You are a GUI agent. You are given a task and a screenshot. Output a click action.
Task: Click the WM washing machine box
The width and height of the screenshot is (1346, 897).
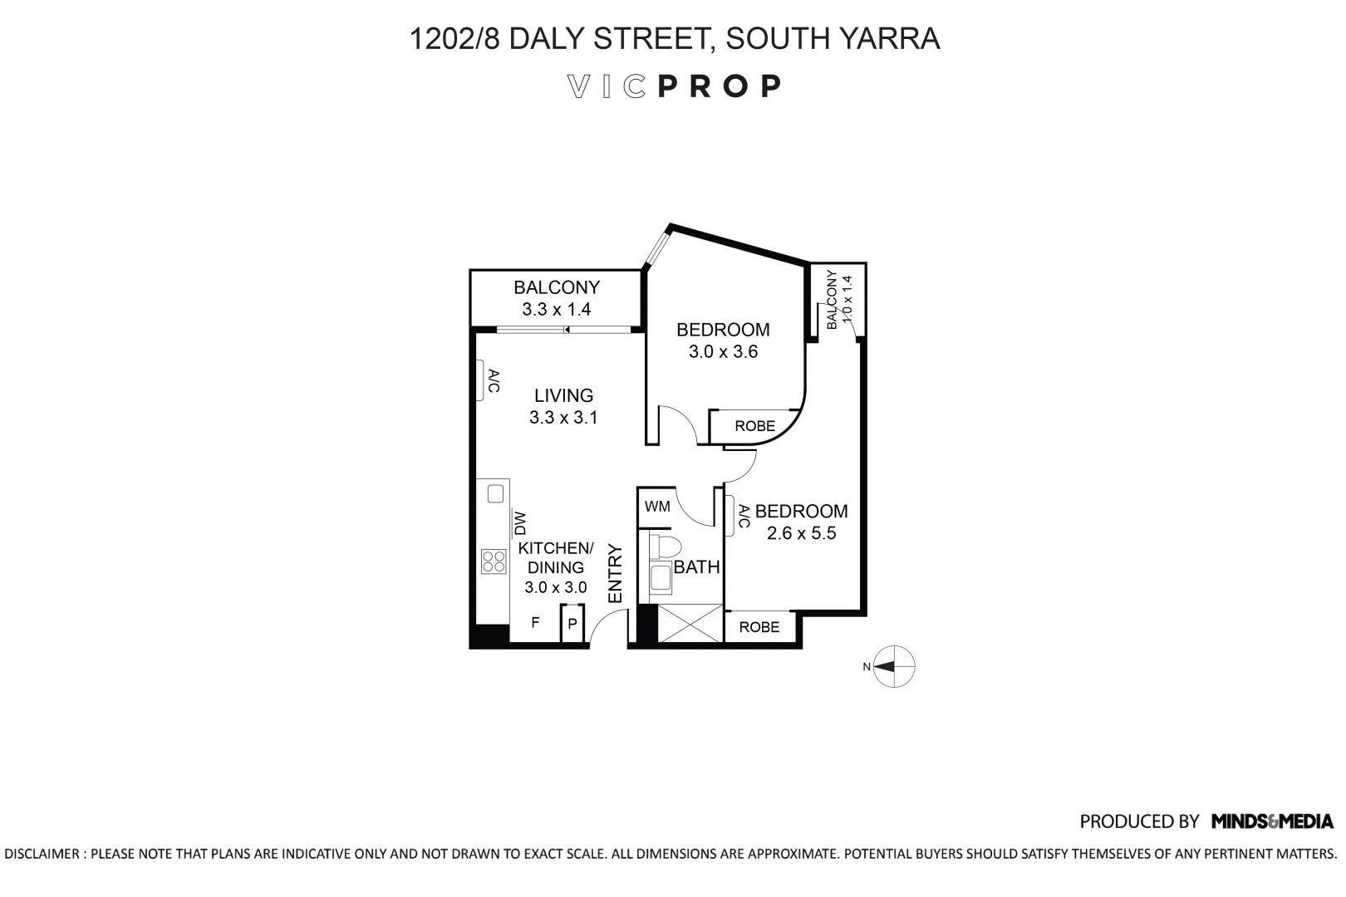coord(657,507)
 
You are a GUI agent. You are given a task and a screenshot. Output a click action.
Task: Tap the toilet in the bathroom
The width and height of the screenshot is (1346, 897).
coord(665,546)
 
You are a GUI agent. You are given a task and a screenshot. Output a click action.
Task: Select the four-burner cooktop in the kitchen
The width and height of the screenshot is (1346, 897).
coord(494,562)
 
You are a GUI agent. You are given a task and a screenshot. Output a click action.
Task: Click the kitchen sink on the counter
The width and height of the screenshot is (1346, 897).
coord(495,494)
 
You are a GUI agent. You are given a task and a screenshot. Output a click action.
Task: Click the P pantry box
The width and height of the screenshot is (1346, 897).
coord(572,625)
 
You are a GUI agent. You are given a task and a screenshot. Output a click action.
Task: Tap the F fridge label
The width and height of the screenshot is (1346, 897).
coord(536,622)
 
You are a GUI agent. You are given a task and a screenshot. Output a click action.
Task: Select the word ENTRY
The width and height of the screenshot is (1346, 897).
coord(616,573)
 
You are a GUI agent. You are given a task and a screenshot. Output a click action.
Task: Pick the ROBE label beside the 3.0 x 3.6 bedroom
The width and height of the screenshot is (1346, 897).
coord(754,426)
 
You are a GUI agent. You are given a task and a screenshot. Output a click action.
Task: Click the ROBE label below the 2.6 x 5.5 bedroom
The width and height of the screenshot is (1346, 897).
coord(759,627)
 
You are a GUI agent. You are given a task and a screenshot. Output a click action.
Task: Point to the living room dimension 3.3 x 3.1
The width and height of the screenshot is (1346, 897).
coord(563,418)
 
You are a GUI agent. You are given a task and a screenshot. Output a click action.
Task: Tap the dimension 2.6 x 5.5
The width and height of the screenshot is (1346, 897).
coord(801,533)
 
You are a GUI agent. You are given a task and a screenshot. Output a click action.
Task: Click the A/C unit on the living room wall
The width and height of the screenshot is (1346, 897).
coord(481,380)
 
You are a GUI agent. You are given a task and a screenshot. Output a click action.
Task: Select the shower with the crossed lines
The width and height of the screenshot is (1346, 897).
coord(690,624)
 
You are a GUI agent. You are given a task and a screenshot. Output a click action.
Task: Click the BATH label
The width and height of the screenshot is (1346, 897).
coord(696,567)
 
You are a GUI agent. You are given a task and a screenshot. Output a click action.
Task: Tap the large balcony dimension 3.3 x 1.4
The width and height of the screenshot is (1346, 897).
coord(556,310)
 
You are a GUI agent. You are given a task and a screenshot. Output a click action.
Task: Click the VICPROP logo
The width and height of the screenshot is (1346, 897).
coord(673,86)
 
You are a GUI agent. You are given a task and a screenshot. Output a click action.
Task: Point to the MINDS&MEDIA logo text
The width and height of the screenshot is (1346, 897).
coord(1272,821)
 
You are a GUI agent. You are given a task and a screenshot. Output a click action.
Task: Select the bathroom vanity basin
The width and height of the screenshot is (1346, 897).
coord(661,578)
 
